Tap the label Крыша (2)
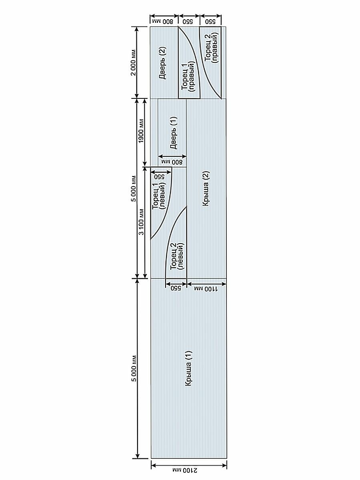(x=206, y=188)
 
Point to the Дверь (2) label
(x=163, y=63)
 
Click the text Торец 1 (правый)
(x=188, y=76)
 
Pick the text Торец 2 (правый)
(x=211, y=48)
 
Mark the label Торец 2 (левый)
(x=176, y=256)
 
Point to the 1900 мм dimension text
(x=141, y=132)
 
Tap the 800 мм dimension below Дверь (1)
(x=172, y=162)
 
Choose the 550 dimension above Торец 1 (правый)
(x=188, y=20)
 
